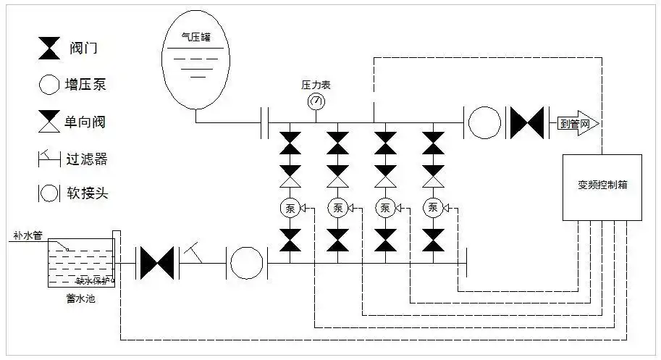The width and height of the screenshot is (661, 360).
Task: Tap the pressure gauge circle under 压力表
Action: tap(316, 101)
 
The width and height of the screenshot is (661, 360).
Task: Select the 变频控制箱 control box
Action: tap(602, 187)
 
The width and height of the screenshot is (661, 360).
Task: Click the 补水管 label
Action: tap(28, 236)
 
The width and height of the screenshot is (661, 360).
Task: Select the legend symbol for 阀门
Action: tap(50, 49)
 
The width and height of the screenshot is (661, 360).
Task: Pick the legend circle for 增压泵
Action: tap(49, 85)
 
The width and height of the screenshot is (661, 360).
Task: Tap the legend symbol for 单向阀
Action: tap(50, 121)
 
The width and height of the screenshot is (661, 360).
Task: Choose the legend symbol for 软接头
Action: tap(49, 193)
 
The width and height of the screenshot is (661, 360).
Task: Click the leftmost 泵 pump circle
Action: tap(290, 209)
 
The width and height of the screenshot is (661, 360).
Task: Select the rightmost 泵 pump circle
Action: tap(433, 209)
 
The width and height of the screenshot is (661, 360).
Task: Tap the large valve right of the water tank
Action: tap(157, 263)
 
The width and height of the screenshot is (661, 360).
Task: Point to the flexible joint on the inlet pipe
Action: tap(248, 263)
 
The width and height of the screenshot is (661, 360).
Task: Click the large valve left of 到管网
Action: tap(528, 123)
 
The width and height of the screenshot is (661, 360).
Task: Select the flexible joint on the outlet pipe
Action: tap(484, 123)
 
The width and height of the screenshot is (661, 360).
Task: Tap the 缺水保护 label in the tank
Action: tap(92, 280)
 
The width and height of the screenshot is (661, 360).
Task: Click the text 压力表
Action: tap(316, 85)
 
